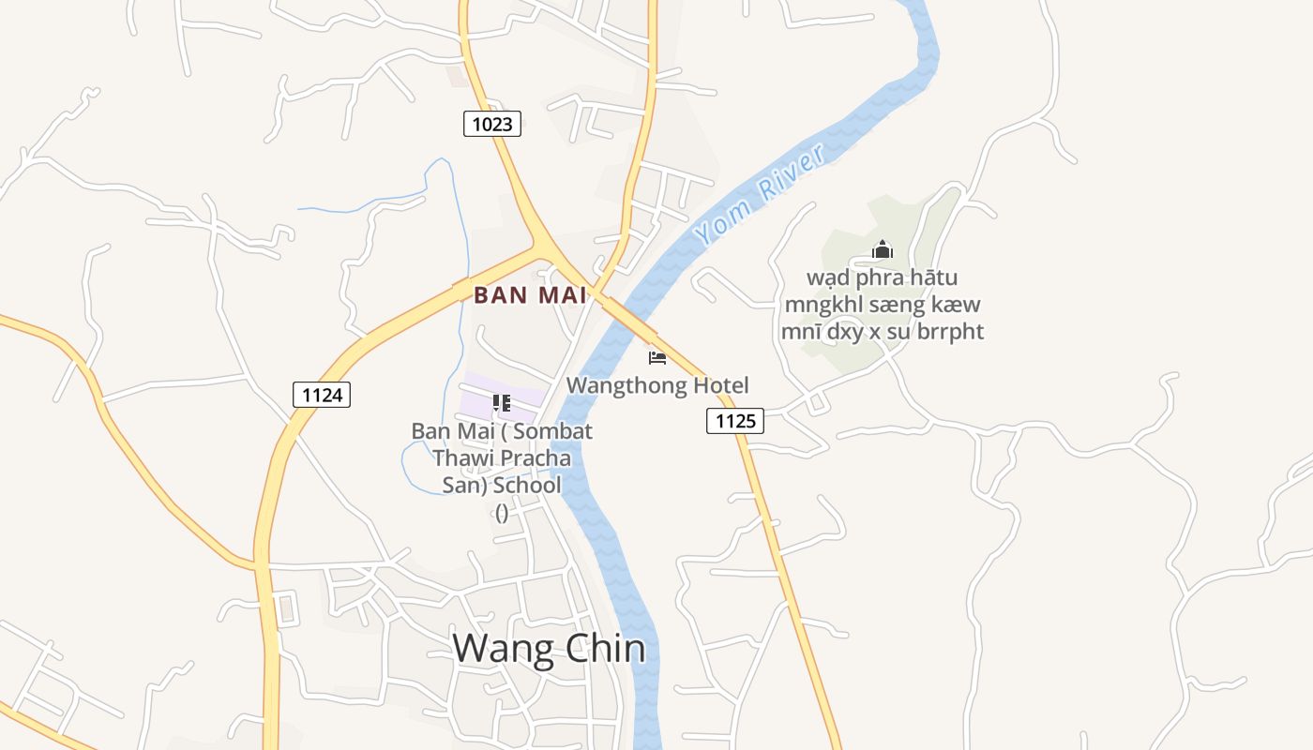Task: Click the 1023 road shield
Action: (x=491, y=123)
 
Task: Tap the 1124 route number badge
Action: (x=322, y=395)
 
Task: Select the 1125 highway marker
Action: (x=735, y=421)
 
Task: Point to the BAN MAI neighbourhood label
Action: (x=530, y=295)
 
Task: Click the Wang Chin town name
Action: (x=550, y=649)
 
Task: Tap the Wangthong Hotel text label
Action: (x=657, y=385)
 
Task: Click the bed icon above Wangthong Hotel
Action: (x=657, y=357)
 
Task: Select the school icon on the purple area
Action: (x=502, y=403)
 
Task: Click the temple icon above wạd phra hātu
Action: (x=882, y=249)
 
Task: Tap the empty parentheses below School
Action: (x=502, y=512)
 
